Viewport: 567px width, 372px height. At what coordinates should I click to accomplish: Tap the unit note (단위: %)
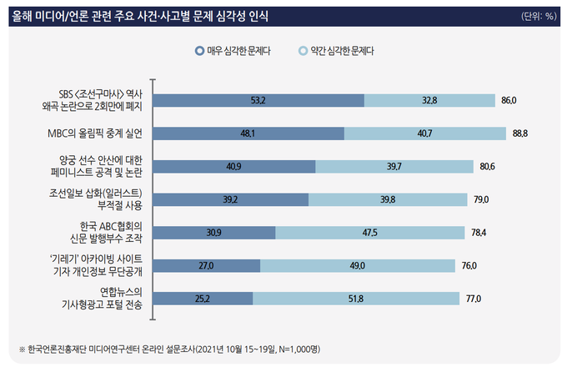[x=538, y=16]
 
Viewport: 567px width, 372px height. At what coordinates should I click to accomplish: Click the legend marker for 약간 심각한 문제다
[x=304, y=50]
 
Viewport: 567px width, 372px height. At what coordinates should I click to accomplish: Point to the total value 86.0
[x=509, y=101]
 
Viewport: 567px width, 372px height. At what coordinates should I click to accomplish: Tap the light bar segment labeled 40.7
[x=425, y=133]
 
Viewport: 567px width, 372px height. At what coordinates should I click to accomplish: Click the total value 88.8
[x=520, y=133]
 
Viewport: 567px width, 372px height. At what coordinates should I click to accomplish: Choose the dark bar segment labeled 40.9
[x=236, y=166]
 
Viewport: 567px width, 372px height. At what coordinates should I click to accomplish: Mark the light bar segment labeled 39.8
[x=387, y=199]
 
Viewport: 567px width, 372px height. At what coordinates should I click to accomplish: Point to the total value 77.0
[x=474, y=298]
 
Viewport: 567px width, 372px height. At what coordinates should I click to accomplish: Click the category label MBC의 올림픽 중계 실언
[x=97, y=133]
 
